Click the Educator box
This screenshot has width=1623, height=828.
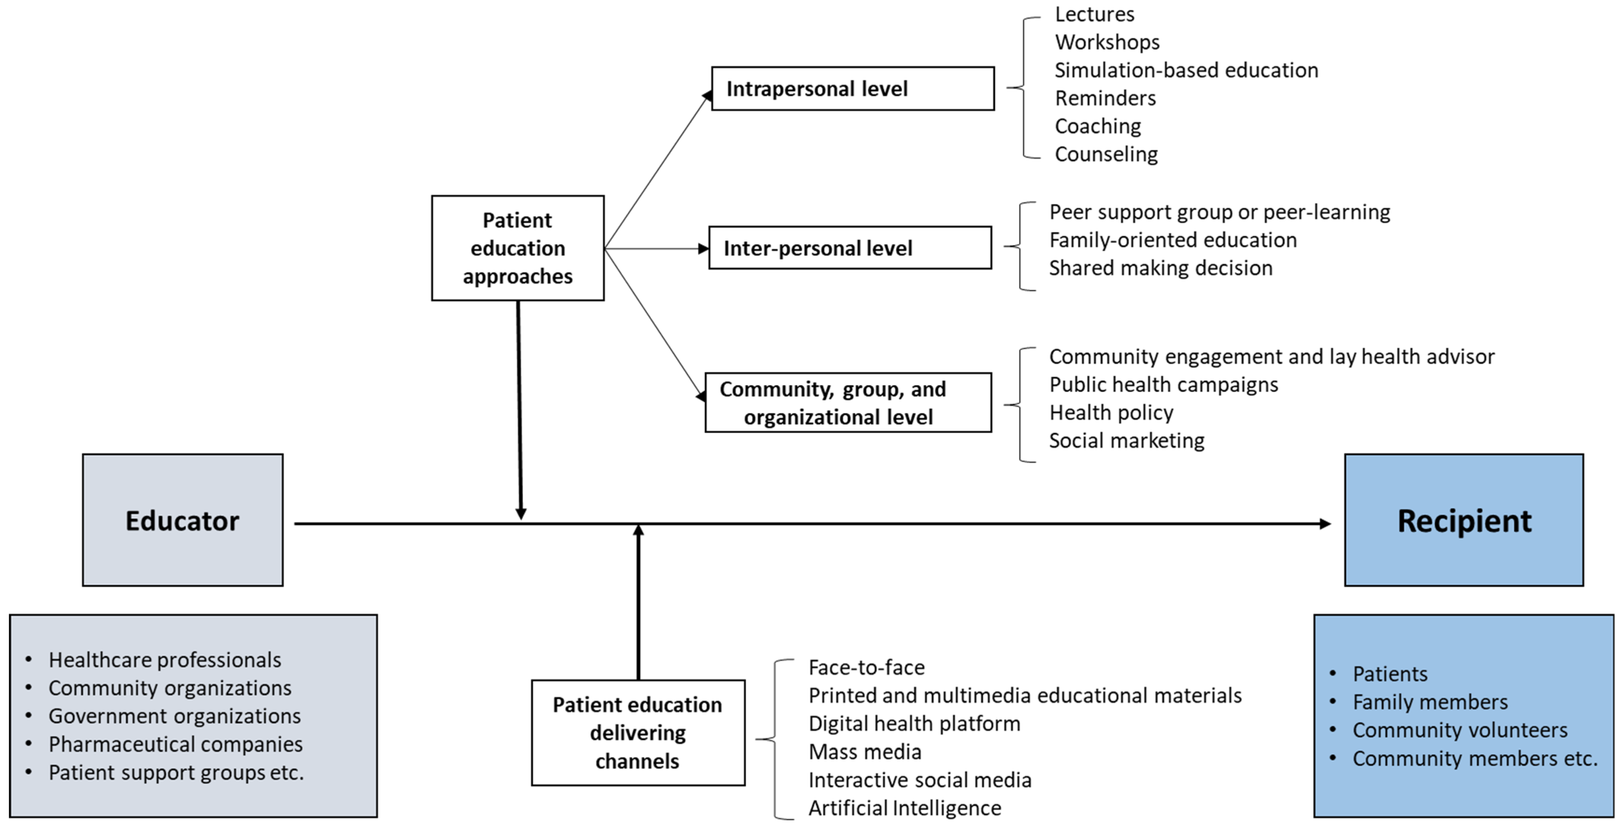click(x=183, y=520)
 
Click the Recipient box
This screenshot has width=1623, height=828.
click(x=1464, y=520)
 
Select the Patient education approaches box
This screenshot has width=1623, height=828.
click(x=517, y=248)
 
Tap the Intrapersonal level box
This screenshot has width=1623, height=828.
click(x=853, y=89)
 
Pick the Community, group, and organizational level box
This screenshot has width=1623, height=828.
click(x=847, y=403)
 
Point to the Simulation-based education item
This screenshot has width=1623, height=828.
click(x=1186, y=70)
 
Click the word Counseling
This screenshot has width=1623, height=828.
click(x=1106, y=154)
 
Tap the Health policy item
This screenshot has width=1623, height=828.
click(x=1111, y=412)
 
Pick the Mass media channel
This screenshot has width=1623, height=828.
click(x=864, y=752)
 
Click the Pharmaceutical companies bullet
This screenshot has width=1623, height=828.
click(x=175, y=744)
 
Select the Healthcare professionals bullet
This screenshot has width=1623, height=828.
click(x=164, y=660)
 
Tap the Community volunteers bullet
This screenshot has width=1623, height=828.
click(x=1459, y=731)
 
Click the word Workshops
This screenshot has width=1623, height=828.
click(x=1107, y=42)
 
